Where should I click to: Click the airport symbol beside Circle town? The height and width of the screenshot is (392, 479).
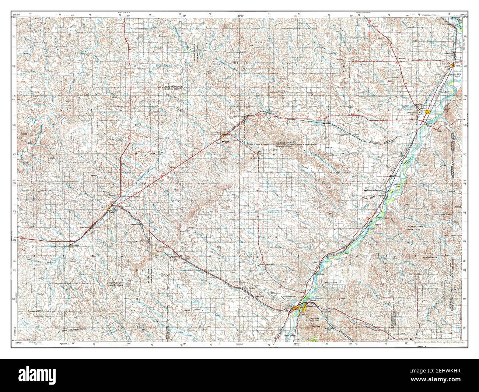[114, 208]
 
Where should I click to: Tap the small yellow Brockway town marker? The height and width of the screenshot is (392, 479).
[70, 244]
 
